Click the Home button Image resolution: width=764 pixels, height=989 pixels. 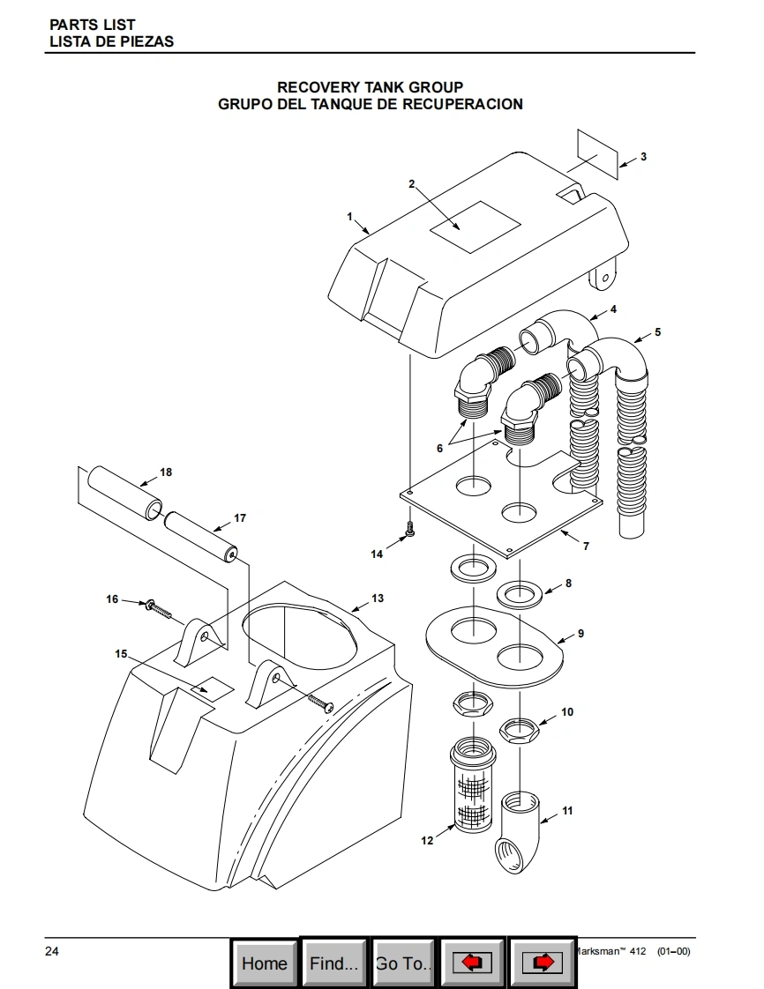[x=264, y=963]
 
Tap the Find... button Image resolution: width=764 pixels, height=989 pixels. [x=333, y=963]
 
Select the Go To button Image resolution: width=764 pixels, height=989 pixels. [x=403, y=963]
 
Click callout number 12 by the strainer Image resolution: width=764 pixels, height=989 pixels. [x=428, y=840]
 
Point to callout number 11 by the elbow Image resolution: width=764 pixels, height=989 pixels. [x=567, y=810]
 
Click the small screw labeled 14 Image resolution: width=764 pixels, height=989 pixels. [x=410, y=529]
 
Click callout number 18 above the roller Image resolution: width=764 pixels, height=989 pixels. [x=166, y=472]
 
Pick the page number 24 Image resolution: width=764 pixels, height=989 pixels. [x=52, y=951]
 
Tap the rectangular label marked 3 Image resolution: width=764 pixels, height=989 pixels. [x=597, y=154]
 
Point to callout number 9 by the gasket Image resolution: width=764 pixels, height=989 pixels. [x=580, y=633]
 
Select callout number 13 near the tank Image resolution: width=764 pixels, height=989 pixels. [x=378, y=598]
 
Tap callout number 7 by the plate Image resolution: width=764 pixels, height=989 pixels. [x=586, y=547]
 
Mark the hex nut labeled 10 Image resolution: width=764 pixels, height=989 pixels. [x=519, y=731]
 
